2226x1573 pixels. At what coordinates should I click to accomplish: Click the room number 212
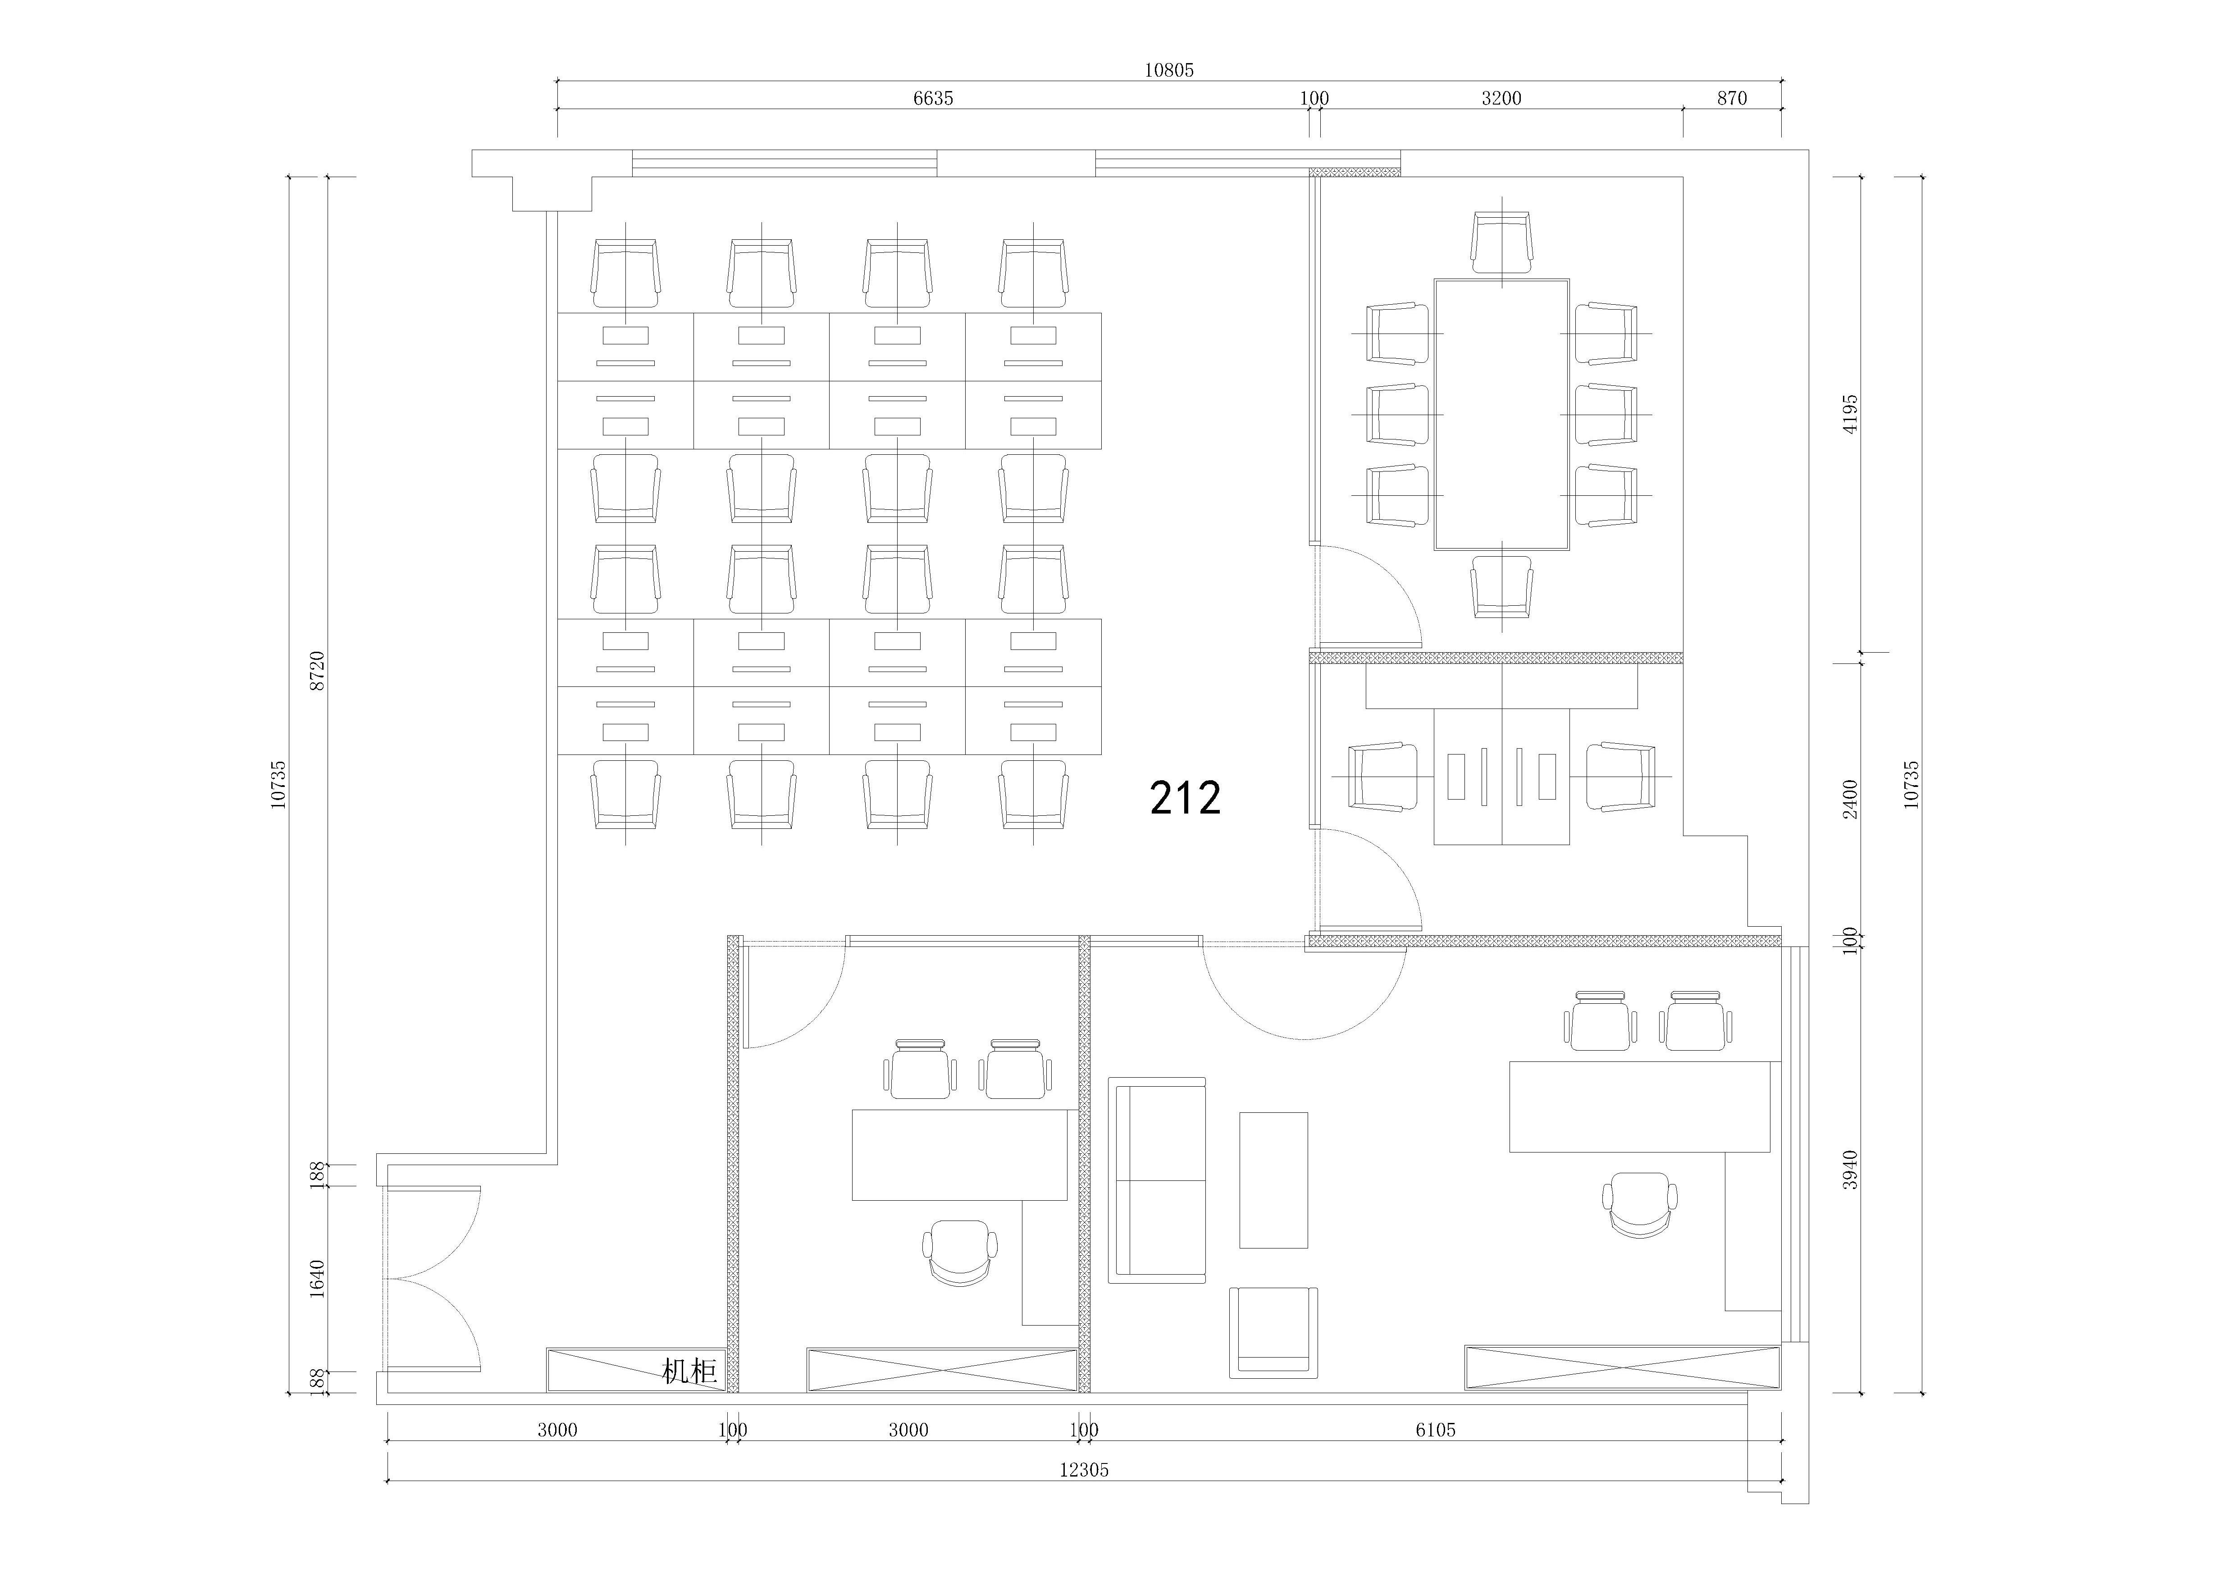[x=1185, y=798]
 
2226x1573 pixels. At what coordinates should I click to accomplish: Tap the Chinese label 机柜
[x=689, y=1371]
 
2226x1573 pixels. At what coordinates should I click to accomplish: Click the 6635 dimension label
[x=933, y=98]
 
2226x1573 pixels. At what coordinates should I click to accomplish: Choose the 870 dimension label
[x=1732, y=98]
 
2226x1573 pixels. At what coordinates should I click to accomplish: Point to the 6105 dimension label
[x=1435, y=1430]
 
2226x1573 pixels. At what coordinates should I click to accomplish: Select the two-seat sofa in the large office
[x=1158, y=1180]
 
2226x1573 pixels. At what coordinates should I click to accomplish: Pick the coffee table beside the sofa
[x=1273, y=1180]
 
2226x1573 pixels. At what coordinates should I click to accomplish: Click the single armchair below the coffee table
[x=1274, y=1332]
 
